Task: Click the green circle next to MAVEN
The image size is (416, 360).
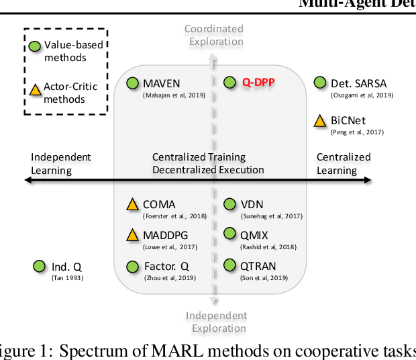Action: coord(133,83)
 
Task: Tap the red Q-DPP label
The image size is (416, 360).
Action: coord(260,83)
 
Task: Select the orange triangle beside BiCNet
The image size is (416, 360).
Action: coord(321,121)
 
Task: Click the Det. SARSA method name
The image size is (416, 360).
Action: coord(358,84)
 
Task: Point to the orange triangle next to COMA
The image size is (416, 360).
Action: coord(133,205)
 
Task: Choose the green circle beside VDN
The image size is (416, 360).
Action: coord(230,204)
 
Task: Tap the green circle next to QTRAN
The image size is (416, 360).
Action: coord(230,265)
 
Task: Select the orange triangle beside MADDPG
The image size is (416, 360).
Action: coord(133,234)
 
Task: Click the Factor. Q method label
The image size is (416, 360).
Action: coord(166,267)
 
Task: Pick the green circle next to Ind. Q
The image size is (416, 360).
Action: coord(40,267)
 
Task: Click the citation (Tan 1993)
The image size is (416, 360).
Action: coord(67,277)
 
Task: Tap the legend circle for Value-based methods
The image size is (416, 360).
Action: coord(35,46)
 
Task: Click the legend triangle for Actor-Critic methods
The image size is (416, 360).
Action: coord(35,88)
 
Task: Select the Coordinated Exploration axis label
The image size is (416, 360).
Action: coord(213,35)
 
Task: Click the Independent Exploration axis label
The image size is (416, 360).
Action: coord(216,322)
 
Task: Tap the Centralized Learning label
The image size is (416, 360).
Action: coord(343,163)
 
